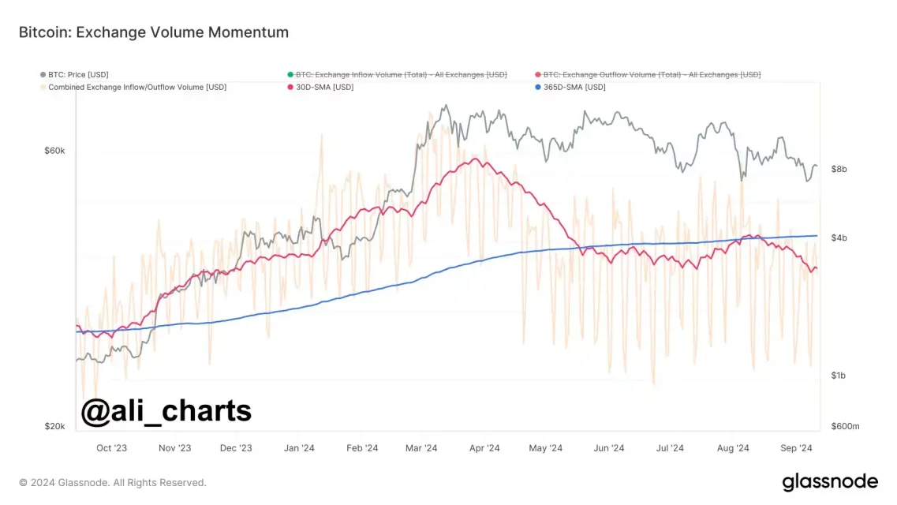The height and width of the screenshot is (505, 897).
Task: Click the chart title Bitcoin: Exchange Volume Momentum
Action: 154,32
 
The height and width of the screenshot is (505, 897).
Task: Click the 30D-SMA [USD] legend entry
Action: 324,87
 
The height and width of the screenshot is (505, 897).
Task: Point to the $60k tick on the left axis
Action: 54,151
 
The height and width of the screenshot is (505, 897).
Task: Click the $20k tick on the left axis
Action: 54,426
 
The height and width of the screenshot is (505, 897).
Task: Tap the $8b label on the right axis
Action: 839,169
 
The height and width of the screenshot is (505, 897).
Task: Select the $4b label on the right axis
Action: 839,238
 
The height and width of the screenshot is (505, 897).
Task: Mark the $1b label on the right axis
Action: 839,376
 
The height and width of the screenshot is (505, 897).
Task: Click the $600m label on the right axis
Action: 845,426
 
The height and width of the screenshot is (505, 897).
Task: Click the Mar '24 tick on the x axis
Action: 421,448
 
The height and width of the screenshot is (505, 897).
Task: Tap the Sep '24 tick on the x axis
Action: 796,448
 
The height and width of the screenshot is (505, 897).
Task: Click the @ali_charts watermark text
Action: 166,410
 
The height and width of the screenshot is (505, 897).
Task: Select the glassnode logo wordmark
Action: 830,481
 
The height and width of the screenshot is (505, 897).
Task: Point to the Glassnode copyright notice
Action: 113,482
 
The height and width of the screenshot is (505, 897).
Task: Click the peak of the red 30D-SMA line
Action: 476,159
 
